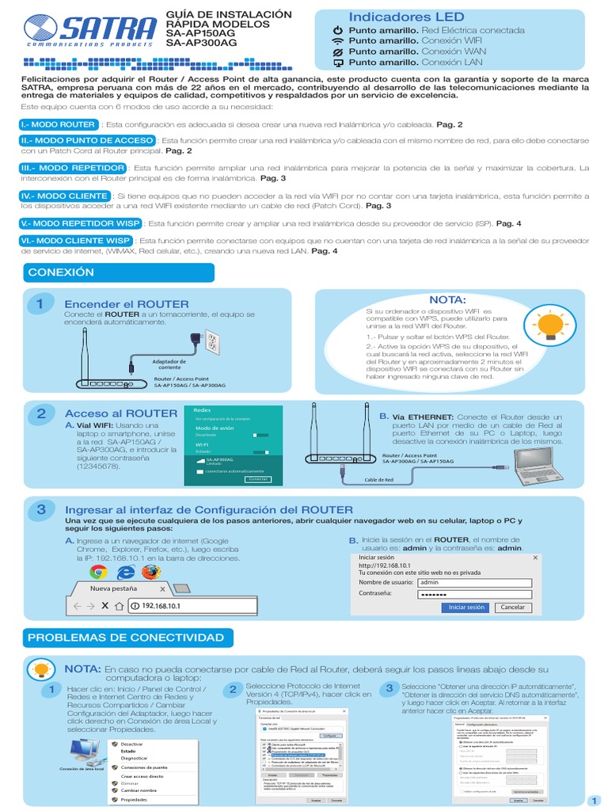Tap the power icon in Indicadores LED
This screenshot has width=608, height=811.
click(338, 30)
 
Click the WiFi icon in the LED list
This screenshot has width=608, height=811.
click(338, 40)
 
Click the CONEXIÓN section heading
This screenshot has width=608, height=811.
click(61, 272)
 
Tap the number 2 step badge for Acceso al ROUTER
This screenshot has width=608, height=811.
click(41, 414)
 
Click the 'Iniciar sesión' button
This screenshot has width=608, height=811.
click(466, 607)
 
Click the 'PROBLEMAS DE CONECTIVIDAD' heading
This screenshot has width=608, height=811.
click(126, 638)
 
